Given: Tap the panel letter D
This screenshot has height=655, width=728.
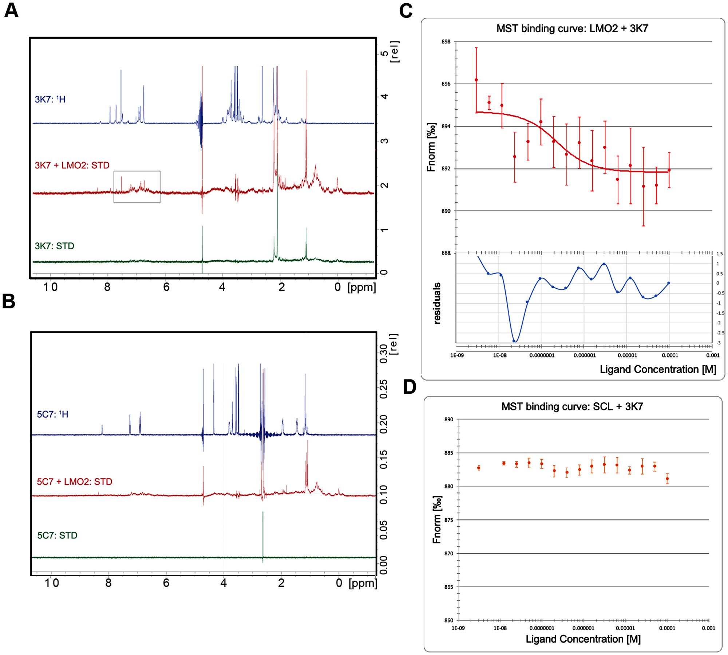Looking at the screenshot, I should pos(409,387).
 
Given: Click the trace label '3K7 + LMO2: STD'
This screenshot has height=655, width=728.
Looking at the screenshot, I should pos(72,165).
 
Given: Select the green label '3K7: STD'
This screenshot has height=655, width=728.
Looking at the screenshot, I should pos(55,246).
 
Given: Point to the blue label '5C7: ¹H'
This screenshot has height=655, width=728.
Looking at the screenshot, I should pos(52,414).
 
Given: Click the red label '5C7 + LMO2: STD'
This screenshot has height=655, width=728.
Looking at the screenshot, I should pos(75,482).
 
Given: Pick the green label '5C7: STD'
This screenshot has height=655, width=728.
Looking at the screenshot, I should pos(57,535).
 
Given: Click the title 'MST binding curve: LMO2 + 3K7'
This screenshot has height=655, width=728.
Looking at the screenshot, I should pos(572,28).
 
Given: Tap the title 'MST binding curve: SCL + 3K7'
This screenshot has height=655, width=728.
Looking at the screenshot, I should pos(572,407).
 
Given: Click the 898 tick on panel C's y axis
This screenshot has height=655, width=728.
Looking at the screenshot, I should pos(446,42).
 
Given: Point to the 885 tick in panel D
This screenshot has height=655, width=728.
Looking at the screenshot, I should pos(448,453).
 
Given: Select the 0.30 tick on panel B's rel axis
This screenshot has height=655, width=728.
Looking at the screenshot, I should pos(384,354).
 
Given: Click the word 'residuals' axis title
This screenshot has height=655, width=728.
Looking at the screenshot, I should pos(437,303).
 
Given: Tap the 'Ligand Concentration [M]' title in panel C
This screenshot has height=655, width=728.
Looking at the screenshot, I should pos(658,370).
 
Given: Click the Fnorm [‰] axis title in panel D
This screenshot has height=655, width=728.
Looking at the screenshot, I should pos(437,519).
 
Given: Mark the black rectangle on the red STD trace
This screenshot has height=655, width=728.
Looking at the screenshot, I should pos(137,187).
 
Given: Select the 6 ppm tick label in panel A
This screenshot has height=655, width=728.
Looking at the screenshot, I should pos(166,287).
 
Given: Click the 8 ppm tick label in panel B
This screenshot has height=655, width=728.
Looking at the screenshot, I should pos(108,583).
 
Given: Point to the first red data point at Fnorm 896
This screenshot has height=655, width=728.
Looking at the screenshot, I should pos(476,80).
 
